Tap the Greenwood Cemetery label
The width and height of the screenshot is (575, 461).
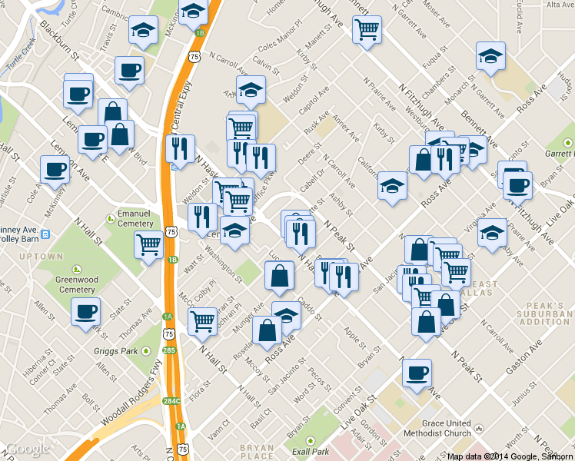78,284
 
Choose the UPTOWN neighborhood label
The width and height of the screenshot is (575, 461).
40,256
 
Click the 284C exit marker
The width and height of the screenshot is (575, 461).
171,401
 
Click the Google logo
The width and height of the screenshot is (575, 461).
28,449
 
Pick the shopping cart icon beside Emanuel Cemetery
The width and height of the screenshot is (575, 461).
148,244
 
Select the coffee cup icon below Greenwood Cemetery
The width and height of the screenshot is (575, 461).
85,311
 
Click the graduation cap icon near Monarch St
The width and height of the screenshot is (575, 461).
490,56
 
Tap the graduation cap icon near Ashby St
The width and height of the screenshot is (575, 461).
392,185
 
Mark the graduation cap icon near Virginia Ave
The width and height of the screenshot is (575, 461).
491,232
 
